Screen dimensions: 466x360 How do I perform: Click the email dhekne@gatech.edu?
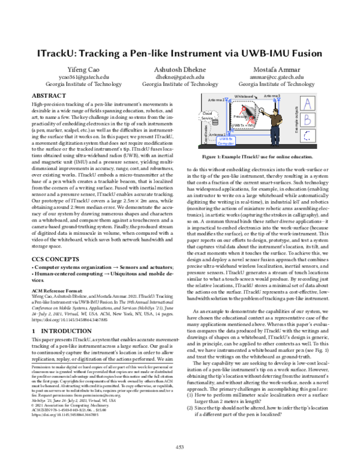click(x=180, y=77)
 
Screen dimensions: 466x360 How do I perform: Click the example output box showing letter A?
click(x=307, y=104)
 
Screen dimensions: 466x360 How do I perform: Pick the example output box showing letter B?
click(x=307, y=119)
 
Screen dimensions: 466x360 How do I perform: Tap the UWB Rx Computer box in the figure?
click(x=225, y=142)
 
